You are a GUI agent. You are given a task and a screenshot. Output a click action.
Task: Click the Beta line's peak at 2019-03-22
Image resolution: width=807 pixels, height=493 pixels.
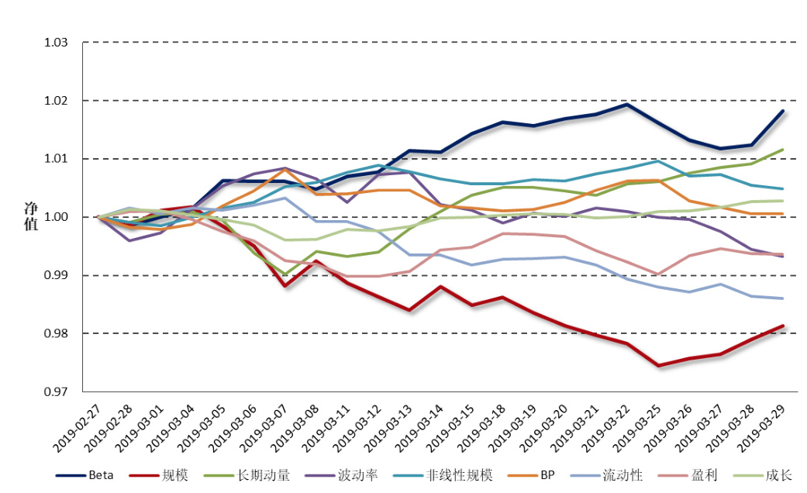[x=626, y=104]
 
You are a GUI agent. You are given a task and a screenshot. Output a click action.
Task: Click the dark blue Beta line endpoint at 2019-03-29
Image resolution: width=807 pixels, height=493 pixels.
[x=782, y=111]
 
